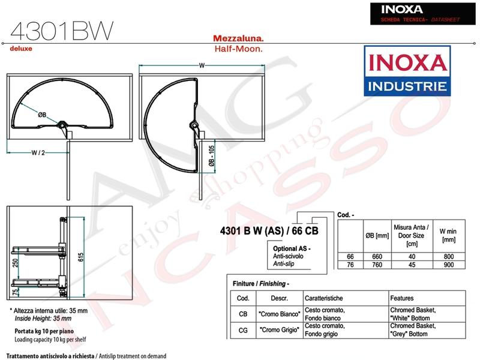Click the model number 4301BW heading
[x=62, y=31]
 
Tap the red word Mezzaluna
[x=238, y=38]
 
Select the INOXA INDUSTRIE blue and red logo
[x=407, y=71]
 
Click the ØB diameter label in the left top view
[x=42, y=115]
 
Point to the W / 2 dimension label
[x=38, y=152]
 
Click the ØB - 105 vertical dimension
[x=212, y=156]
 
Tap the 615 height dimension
[x=81, y=257]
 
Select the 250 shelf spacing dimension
[x=16, y=263]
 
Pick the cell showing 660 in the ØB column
[x=377, y=257]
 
